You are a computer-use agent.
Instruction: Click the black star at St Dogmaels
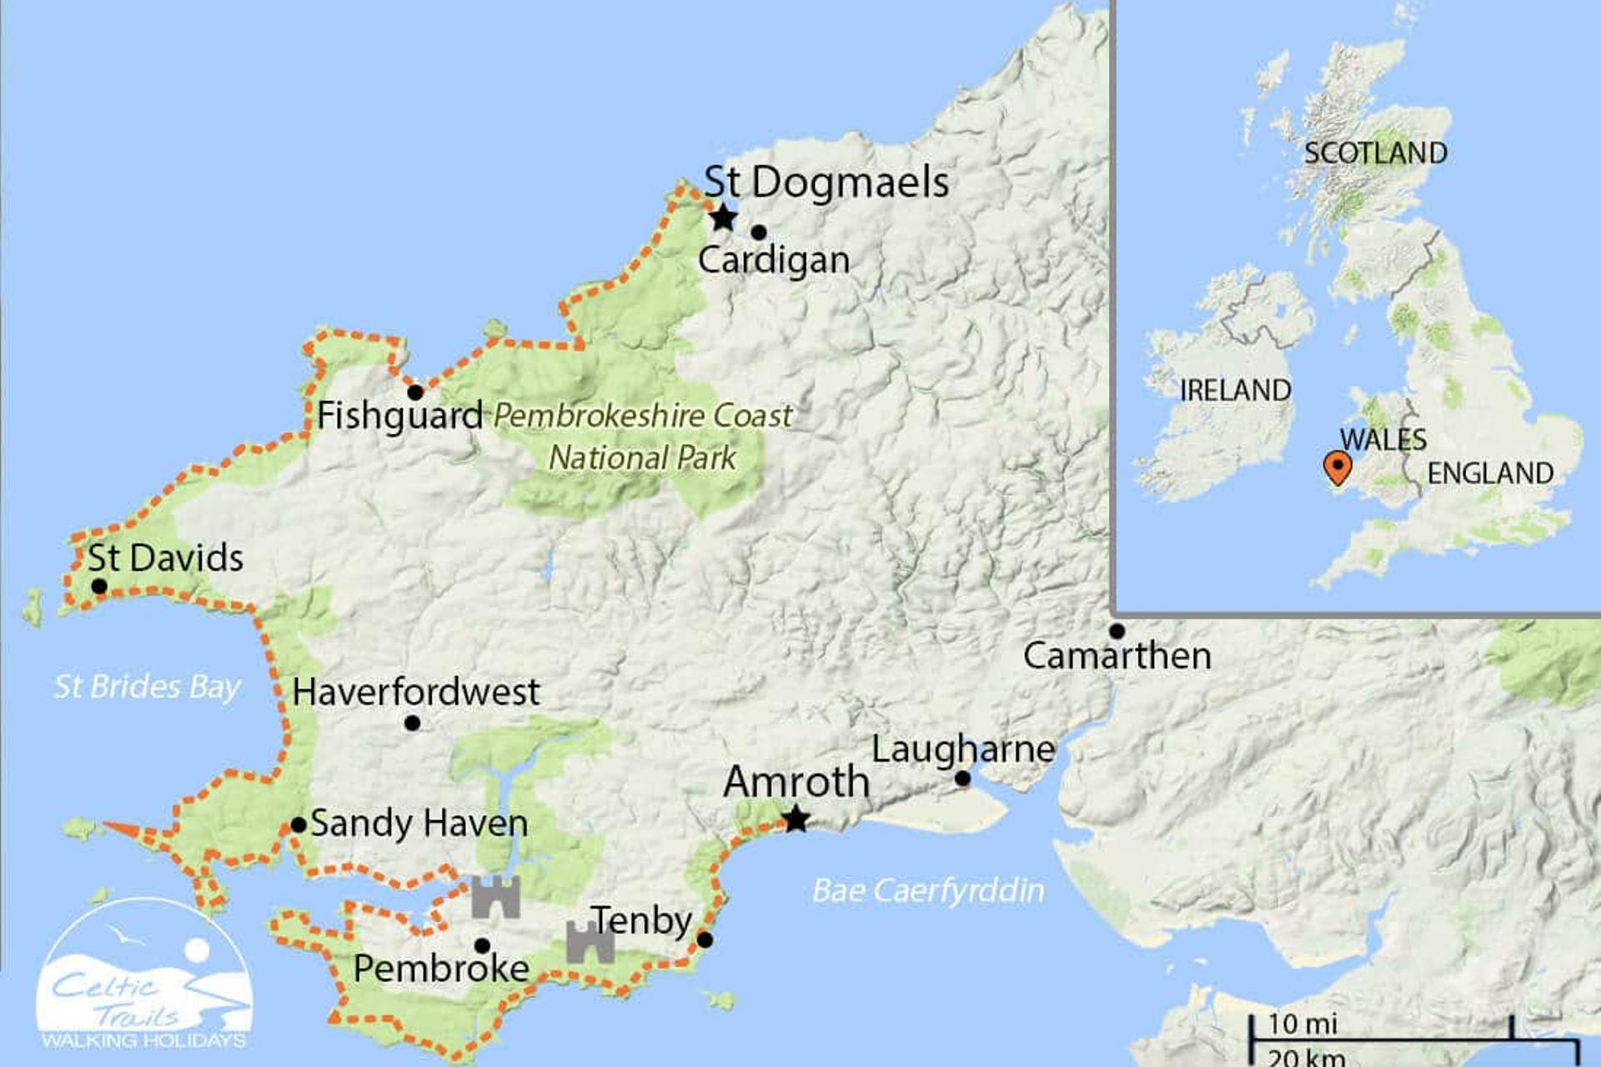point(723,218)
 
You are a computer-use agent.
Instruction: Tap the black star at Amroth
point(796,819)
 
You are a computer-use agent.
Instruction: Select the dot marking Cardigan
point(758,232)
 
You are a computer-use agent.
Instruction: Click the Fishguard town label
point(399,415)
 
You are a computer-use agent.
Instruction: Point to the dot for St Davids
point(98,586)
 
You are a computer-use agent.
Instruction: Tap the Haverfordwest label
point(416,692)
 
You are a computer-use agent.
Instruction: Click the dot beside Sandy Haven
point(298,825)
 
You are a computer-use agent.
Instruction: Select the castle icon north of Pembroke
point(496,897)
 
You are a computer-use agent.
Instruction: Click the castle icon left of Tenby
point(590,942)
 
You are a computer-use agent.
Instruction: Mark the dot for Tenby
point(705,939)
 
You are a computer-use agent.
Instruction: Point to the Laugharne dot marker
point(962,779)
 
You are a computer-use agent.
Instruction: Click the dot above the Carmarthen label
point(1117,631)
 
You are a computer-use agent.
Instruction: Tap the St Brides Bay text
point(147,687)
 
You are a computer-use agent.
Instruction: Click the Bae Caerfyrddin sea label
point(927,890)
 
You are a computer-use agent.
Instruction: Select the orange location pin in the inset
point(1337,467)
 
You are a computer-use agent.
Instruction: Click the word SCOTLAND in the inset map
point(1375,153)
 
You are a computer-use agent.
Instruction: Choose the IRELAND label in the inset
point(1235,390)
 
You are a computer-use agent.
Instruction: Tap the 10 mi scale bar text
point(1302,1024)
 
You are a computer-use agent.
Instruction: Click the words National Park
point(642,458)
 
